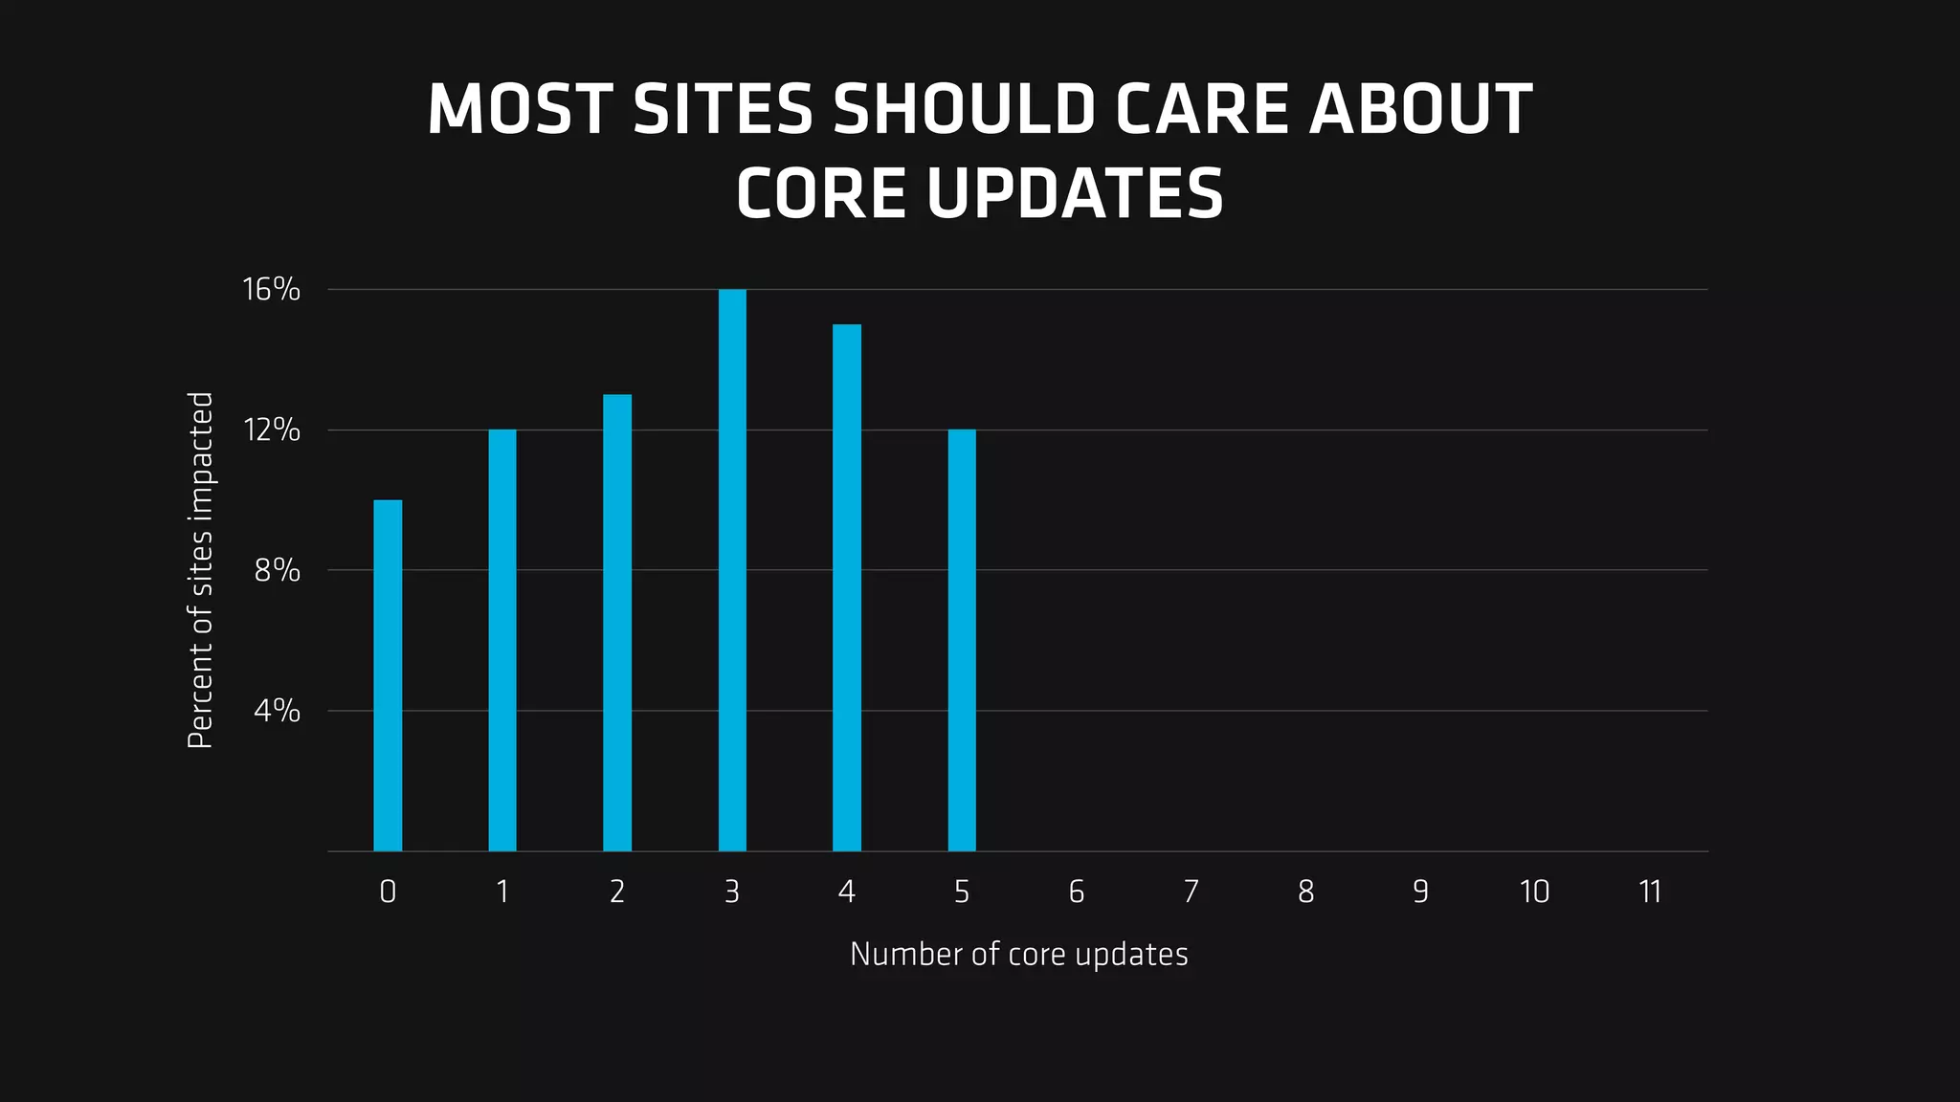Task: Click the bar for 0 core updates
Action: click(388, 675)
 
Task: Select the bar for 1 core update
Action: click(502, 640)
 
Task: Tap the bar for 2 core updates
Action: click(617, 623)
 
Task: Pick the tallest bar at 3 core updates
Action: click(732, 570)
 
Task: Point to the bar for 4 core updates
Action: click(847, 587)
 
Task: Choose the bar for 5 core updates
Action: click(962, 640)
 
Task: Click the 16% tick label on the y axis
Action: click(272, 289)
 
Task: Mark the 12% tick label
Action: click(272, 430)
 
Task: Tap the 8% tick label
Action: click(278, 571)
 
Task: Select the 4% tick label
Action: click(278, 711)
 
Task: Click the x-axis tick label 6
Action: click(1077, 892)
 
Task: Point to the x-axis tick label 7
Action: click(1191, 892)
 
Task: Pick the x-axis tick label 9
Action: click(1420, 892)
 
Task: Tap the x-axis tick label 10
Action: click(1534, 892)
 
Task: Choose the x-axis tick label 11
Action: click(1650, 892)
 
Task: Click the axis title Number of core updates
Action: click(1018, 954)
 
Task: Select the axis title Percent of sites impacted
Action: click(200, 570)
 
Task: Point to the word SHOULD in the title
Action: click(965, 109)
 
